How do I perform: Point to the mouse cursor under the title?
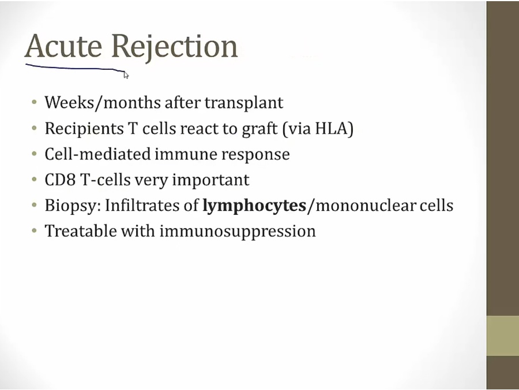pos(126,75)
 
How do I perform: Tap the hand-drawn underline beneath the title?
pos(75,68)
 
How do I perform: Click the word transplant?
pos(244,103)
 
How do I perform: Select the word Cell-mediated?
pos(97,154)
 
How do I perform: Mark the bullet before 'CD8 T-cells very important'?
pos(35,180)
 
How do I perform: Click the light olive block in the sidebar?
pos(503,336)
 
